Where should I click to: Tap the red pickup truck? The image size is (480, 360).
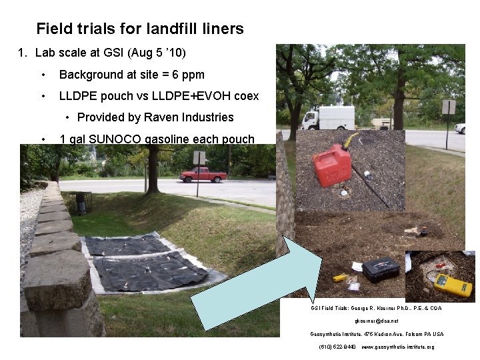coord(203,175)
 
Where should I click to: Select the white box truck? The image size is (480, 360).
coord(328,118)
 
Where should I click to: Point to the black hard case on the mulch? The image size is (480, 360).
coord(381,269)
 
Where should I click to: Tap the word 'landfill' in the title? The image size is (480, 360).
coord(172,29)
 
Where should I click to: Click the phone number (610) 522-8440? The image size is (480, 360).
coord(337,347)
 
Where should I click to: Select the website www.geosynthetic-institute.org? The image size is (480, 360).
coord(397,347)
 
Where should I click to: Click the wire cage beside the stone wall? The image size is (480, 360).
coord(79,202)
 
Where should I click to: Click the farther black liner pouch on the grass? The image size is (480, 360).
coord(127,245)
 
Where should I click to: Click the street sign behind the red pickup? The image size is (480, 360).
coord(199,158)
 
